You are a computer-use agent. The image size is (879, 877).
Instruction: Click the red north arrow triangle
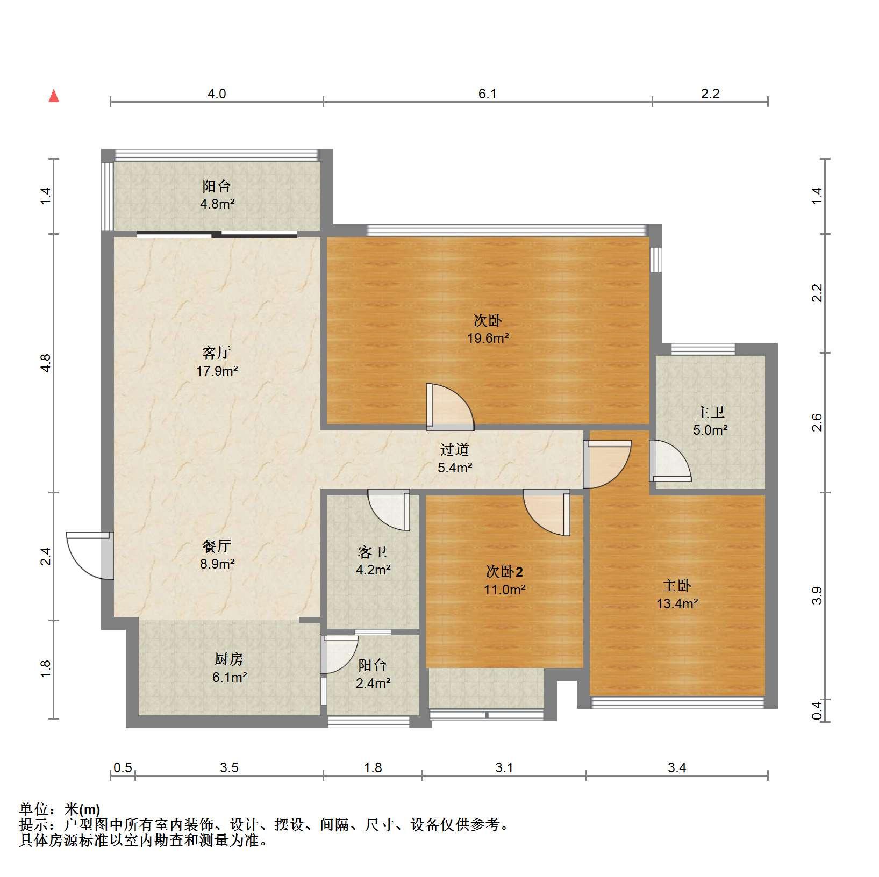[54, 96]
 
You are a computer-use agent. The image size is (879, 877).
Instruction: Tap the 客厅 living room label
[217, 353]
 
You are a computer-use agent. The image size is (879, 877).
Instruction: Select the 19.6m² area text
[488, 339]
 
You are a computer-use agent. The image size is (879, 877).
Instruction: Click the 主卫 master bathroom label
[710, 412]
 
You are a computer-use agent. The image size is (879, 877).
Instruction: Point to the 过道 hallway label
[455, 449]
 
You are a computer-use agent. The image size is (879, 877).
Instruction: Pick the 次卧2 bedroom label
[504, 572]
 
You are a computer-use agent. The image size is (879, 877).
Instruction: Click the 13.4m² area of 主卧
[677, 603]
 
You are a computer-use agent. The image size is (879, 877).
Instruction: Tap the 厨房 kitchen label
[230, 659]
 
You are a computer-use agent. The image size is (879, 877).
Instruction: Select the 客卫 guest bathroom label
[373, 552]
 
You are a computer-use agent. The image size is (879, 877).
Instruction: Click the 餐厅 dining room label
[217, 546]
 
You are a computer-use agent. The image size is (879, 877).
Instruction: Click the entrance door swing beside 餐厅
[89, 556]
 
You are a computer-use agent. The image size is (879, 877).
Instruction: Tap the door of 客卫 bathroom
[388, 511]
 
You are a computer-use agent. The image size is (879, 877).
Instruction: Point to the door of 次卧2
[547, 513]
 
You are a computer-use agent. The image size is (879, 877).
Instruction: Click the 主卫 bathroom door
[670, 461]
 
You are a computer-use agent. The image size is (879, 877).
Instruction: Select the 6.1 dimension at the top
[488, 94]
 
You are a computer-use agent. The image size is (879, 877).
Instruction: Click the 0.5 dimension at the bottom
[123, 767]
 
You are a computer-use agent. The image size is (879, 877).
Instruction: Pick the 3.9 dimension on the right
[817, 595]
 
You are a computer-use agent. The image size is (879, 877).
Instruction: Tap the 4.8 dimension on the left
[47, 363]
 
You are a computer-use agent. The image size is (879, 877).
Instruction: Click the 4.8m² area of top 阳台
[217, 204]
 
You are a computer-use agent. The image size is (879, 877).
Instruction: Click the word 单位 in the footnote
[33, 809]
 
